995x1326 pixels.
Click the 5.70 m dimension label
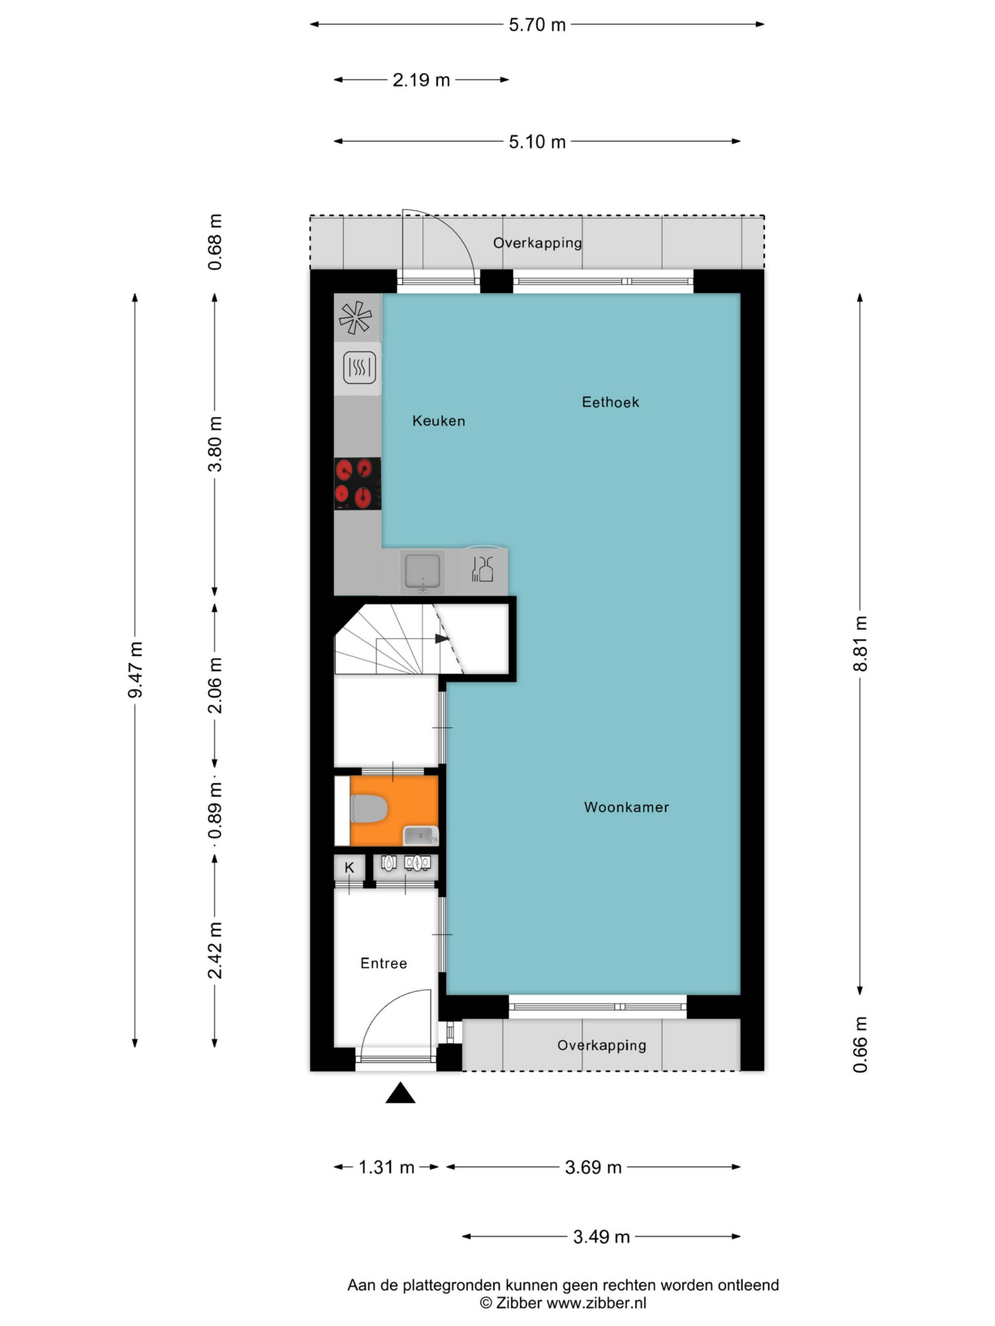tap(537, 25)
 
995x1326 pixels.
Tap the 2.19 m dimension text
tap(421, 80)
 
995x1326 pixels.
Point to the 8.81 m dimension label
tap(860, 644)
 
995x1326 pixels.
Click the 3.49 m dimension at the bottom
tap(601, 1237)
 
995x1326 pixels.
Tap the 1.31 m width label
tap(387, 1167)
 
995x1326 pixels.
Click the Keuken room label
tap(438, 421)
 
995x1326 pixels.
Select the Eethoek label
tap(610, 402)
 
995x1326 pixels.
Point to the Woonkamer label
tap(627, 807)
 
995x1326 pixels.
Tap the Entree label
tap(384, 963)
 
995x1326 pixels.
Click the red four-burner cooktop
tap(358, 483)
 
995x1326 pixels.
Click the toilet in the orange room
tap(368, 809)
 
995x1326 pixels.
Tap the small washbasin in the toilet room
tap(421, 836)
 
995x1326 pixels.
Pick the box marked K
tap(349, 868)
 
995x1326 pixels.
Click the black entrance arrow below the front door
tap(400, 1093)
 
